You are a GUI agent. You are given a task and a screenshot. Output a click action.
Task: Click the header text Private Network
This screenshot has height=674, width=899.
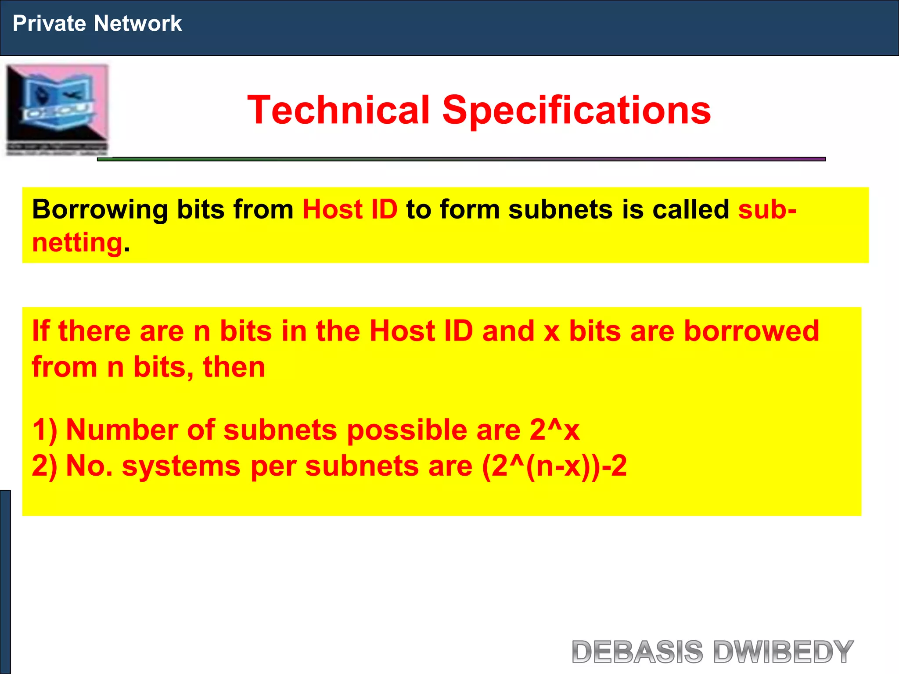click(97, 23)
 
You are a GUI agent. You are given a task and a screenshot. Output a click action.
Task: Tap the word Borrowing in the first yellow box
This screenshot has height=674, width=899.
click(100, 209)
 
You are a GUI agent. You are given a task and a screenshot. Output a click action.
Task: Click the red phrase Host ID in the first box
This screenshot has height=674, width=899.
click(350, 209)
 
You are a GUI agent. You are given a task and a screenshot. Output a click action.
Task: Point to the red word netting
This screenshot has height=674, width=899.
click(77, 243)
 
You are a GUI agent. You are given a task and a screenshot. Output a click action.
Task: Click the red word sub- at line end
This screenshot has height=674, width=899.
click(767, 209)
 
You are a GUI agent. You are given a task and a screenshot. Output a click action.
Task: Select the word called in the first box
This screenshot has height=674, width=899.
click(690, 209)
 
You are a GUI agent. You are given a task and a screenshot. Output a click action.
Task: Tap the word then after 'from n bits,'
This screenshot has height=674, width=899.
click(234, 367)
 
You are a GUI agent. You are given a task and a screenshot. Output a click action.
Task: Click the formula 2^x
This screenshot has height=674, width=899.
click(554, 430)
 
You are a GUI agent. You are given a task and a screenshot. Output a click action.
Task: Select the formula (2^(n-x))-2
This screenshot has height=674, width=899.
click(554, 466)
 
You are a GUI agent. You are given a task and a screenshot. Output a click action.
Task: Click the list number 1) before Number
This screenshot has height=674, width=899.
click(45, 430)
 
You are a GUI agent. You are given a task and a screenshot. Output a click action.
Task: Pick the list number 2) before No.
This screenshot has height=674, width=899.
click(45, 466)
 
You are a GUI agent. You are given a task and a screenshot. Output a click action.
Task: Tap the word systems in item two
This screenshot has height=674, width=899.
click(181, 466)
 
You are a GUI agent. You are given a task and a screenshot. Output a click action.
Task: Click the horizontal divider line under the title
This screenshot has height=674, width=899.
click(461, 159)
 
